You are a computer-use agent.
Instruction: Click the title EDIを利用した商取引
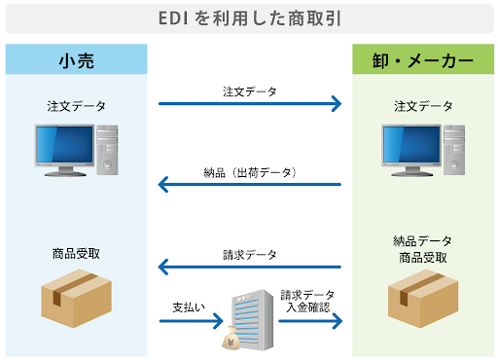coord(249,18)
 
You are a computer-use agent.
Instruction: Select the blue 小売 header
coord(76,58)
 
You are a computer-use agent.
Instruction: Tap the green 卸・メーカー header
coord(421,58)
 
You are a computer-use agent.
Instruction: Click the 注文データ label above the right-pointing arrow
coord(249,91)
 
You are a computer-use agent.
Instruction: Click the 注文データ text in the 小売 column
coord(76,105)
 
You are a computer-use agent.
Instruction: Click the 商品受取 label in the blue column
coord(76,253)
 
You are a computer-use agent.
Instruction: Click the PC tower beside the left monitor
coord(108,150)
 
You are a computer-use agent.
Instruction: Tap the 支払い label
coord(189,307)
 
